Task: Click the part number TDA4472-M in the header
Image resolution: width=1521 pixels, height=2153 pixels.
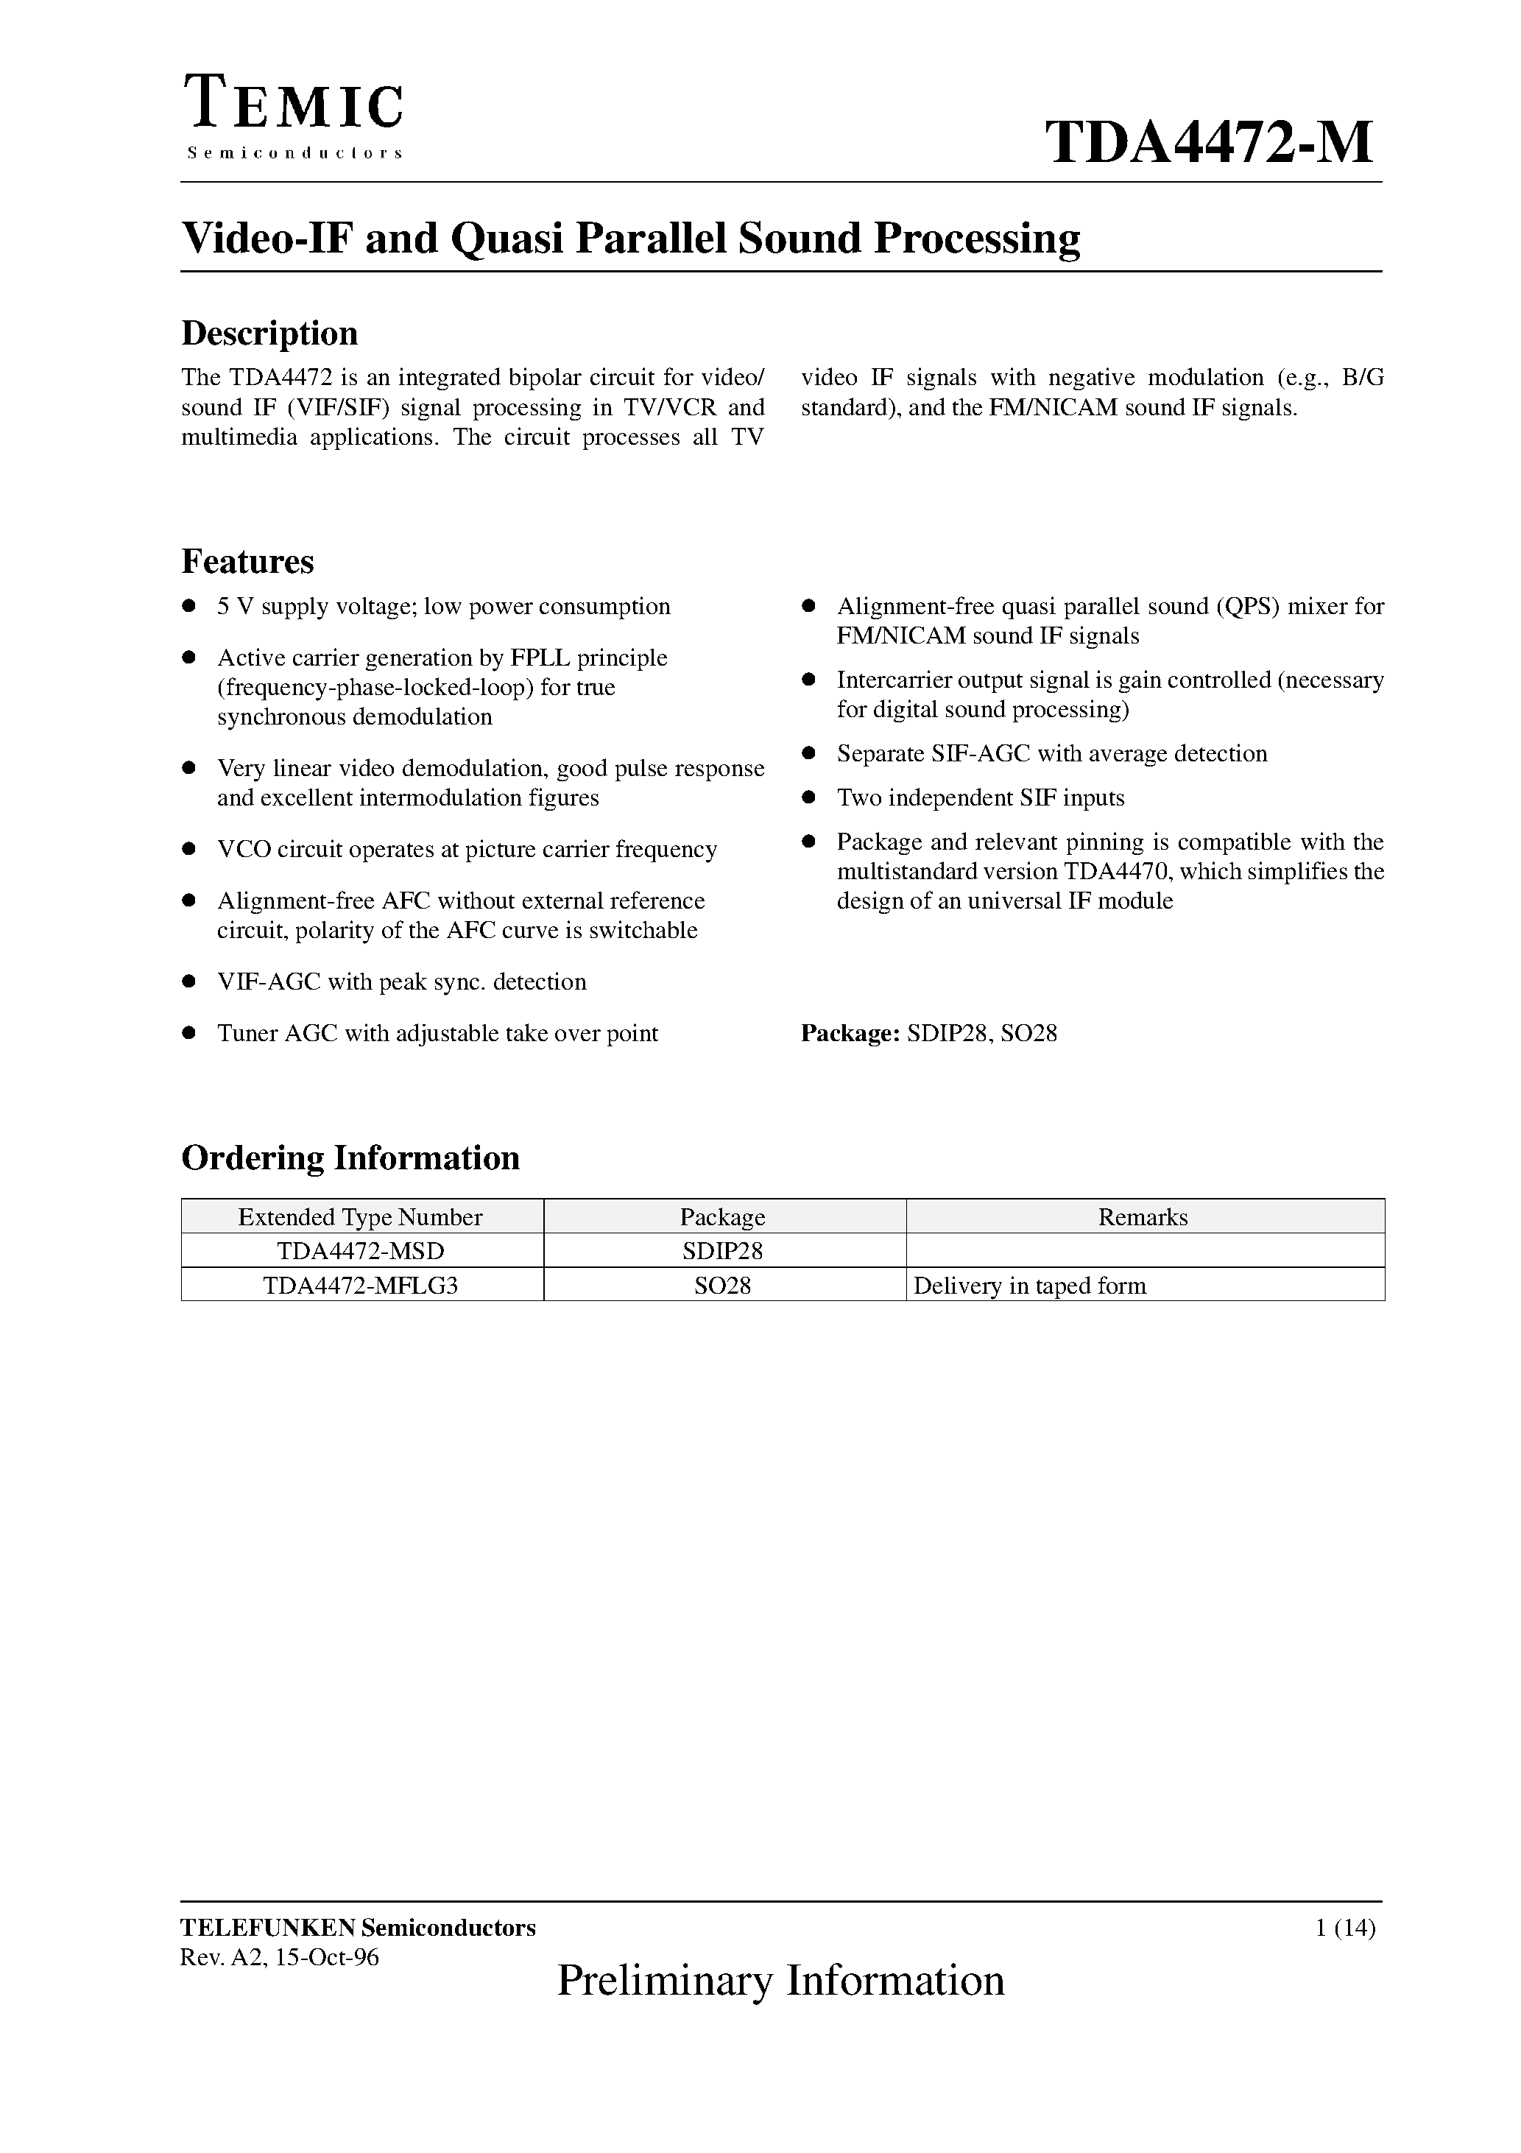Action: coord(1209,144)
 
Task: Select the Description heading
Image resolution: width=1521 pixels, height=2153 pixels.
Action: coord(269,334)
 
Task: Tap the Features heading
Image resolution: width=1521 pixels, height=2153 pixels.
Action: coord(247,562)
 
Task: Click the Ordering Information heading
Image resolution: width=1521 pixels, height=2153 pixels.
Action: coord(350,1158)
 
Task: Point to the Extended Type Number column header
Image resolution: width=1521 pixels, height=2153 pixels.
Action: coord(360,1217)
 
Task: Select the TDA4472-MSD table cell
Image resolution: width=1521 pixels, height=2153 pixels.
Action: coord(360,1251)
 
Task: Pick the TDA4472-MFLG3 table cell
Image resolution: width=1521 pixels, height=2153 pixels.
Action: coord(360,1286)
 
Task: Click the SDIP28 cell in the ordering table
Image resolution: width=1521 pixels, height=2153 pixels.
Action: coord(722,1251)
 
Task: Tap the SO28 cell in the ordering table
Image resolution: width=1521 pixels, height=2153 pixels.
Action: coord(722,1286)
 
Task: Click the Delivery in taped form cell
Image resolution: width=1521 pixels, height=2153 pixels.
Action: coord(1030,1286)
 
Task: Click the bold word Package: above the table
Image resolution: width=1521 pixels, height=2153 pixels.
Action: coord(850,1033)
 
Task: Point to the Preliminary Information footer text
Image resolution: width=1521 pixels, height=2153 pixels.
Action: coord(780,1981)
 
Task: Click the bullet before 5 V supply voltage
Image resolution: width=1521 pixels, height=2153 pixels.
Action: coord(188,606)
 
